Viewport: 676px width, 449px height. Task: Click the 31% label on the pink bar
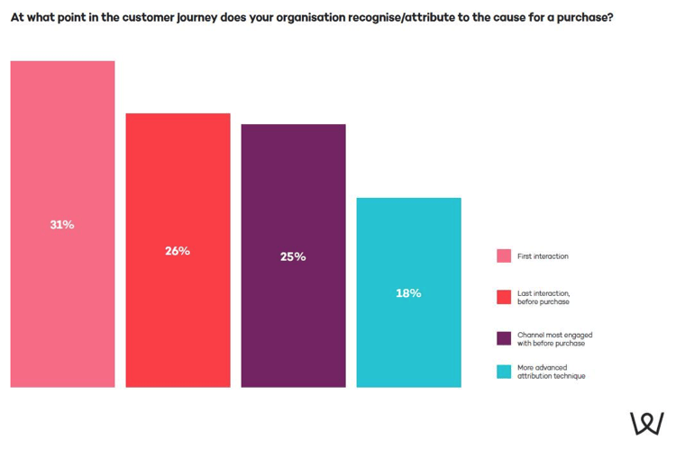click(62, 225)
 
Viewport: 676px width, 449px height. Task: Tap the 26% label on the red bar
click(178, 251)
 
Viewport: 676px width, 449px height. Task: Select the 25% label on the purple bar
click(293, 256)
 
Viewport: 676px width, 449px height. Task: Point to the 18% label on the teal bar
click(408, 293)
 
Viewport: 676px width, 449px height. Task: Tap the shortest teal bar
click(408, 342)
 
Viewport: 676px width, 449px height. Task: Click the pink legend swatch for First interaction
click(504, 256)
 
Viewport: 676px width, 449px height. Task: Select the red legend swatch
click(504, 297)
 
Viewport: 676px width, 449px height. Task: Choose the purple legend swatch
click(504, 338)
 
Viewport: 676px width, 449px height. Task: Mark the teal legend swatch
click(504, 372)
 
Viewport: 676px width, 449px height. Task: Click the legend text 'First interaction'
click(543, 256)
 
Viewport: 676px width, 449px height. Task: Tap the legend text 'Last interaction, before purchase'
click(544, 298)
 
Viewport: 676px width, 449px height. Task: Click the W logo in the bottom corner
click(646, 424)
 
